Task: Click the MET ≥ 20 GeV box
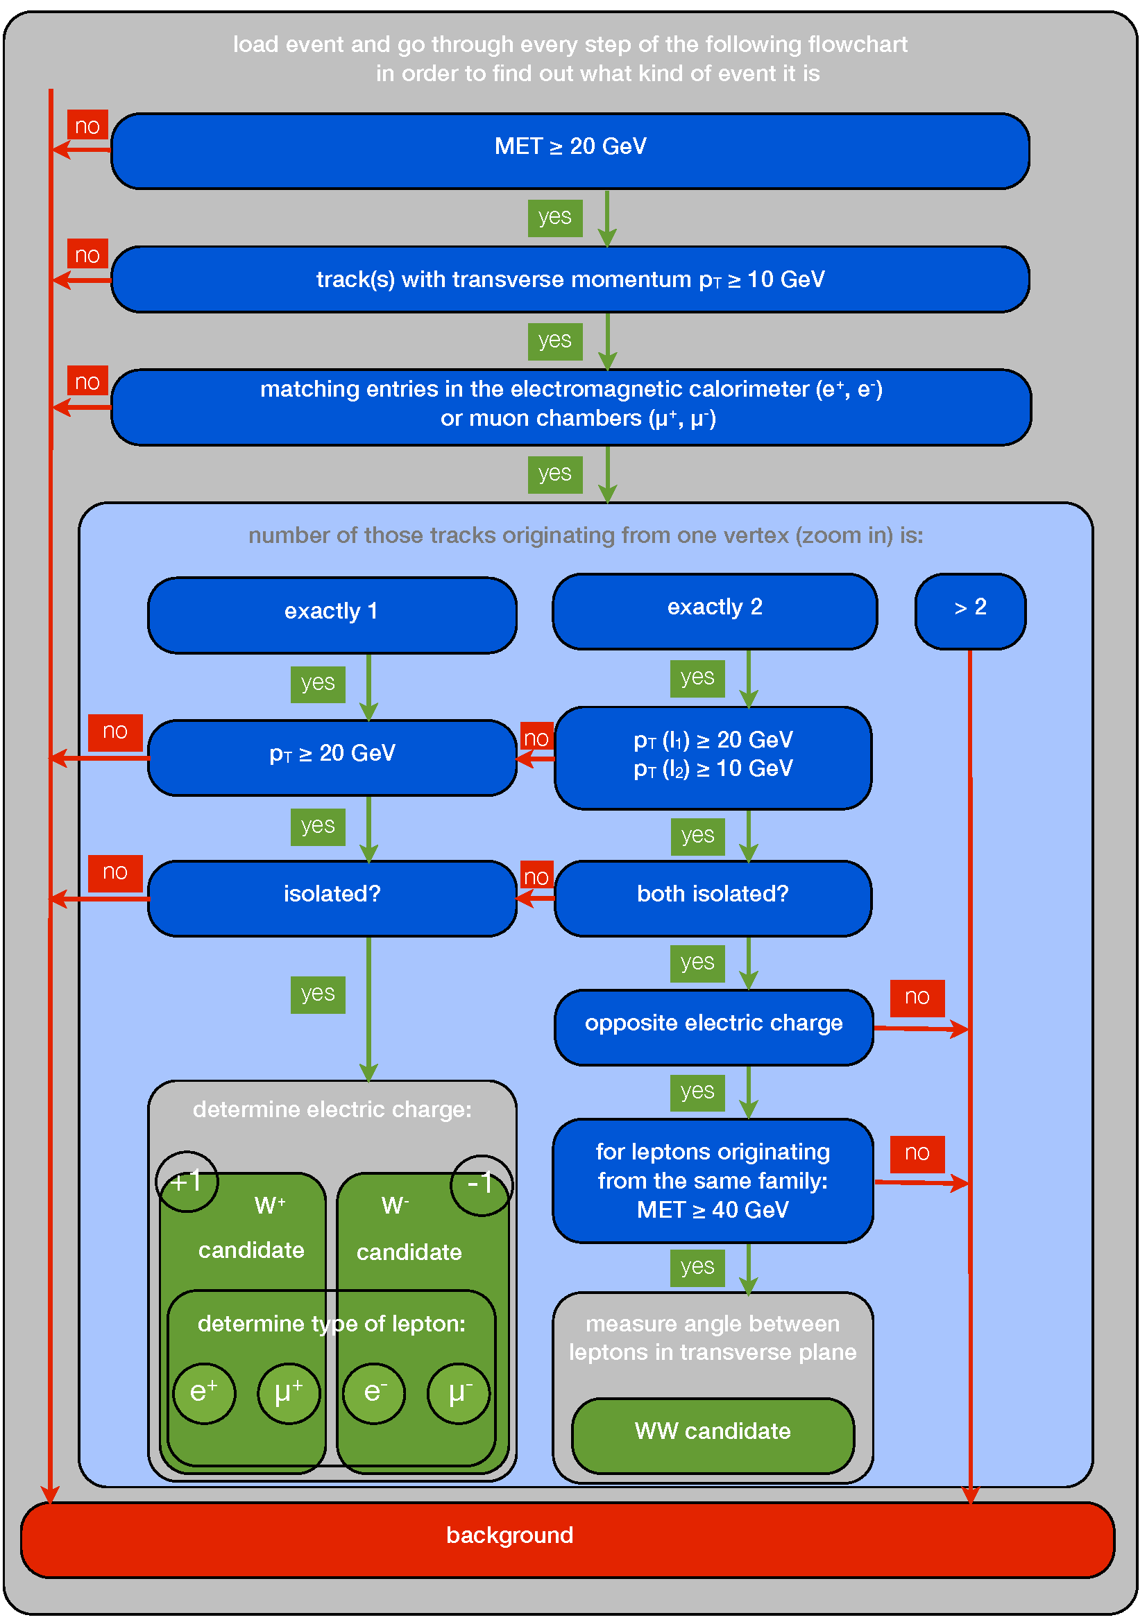click(x=570, y=150)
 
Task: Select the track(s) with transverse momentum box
click(x=570, y=279)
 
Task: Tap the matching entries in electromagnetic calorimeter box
click(x=571, y=407)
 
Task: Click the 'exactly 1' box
click(x=332, y=615)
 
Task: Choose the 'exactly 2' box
click(x=715, y=611)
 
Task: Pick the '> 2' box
click(x=970, y=611)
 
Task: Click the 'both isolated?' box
click(x=713, y=898)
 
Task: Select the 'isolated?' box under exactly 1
click(x=332, y=898)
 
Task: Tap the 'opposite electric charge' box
click(x=714, y=1027)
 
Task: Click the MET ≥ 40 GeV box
click(x=713, y=1180)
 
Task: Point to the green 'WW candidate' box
click(x=713, y=1435)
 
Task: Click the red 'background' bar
click(x=568, y=1540)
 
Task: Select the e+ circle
click(x=204, y=1393)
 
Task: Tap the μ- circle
click(x=459, y=1393)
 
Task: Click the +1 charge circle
click(x=187, y=1181)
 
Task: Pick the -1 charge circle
click(x=482, y=1184)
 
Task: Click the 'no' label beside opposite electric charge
click(x=917, y=997)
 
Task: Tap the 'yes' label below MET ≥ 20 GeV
click(x=555, y=218)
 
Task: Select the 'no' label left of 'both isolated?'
click(x=536, y=876)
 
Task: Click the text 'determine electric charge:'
click(x=332, y=1110)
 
